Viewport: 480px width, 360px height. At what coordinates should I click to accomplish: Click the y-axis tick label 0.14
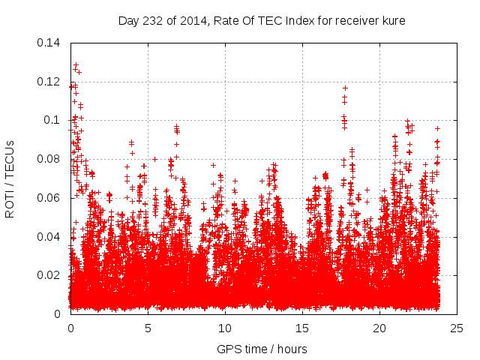tap(49, 42)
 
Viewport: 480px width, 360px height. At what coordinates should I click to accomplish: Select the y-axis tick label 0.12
tap(49, 81)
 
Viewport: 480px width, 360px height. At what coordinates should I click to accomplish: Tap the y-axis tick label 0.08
tap(49, 159)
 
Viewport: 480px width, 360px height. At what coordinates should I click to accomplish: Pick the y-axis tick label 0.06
tap(49, 198)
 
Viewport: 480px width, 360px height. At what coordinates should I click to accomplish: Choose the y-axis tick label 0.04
tap(49, 237)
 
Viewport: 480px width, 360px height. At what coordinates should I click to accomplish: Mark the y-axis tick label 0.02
tap(49, 275)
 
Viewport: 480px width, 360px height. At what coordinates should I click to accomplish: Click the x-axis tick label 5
tap(148, 328)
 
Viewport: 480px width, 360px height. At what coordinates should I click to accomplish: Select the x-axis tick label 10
tap(225, 328)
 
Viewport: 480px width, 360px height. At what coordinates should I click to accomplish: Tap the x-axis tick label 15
tap(302, 328)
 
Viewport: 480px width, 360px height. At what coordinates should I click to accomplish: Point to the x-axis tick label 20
tap(379, 328)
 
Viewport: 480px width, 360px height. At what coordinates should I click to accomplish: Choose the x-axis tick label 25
tap(457, 328)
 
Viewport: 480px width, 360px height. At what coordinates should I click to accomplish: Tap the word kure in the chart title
tap(394, 20)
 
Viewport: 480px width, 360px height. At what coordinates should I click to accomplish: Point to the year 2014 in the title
tap(190, 20)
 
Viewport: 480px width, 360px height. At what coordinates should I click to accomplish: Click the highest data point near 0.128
tap(76, 65)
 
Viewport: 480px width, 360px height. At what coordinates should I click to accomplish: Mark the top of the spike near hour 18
tap(345, 88)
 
